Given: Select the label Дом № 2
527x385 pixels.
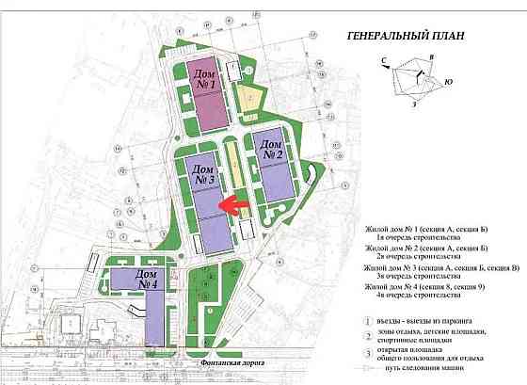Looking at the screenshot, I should click(272, 148).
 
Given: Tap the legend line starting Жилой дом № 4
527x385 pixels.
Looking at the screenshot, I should click(435, 285).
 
